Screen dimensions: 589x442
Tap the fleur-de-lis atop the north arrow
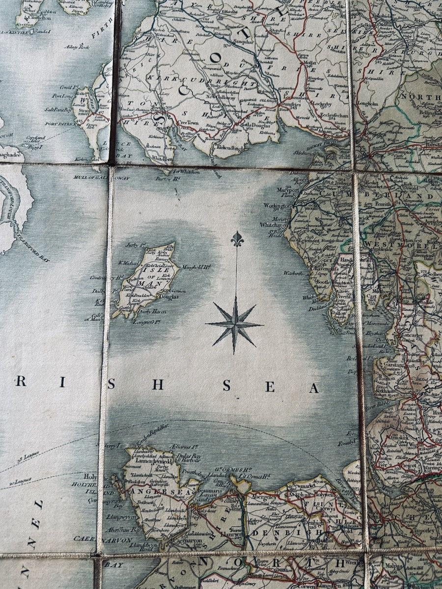[237, 239]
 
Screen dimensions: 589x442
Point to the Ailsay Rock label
[79, 47]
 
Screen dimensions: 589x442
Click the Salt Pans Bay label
[59, 109]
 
